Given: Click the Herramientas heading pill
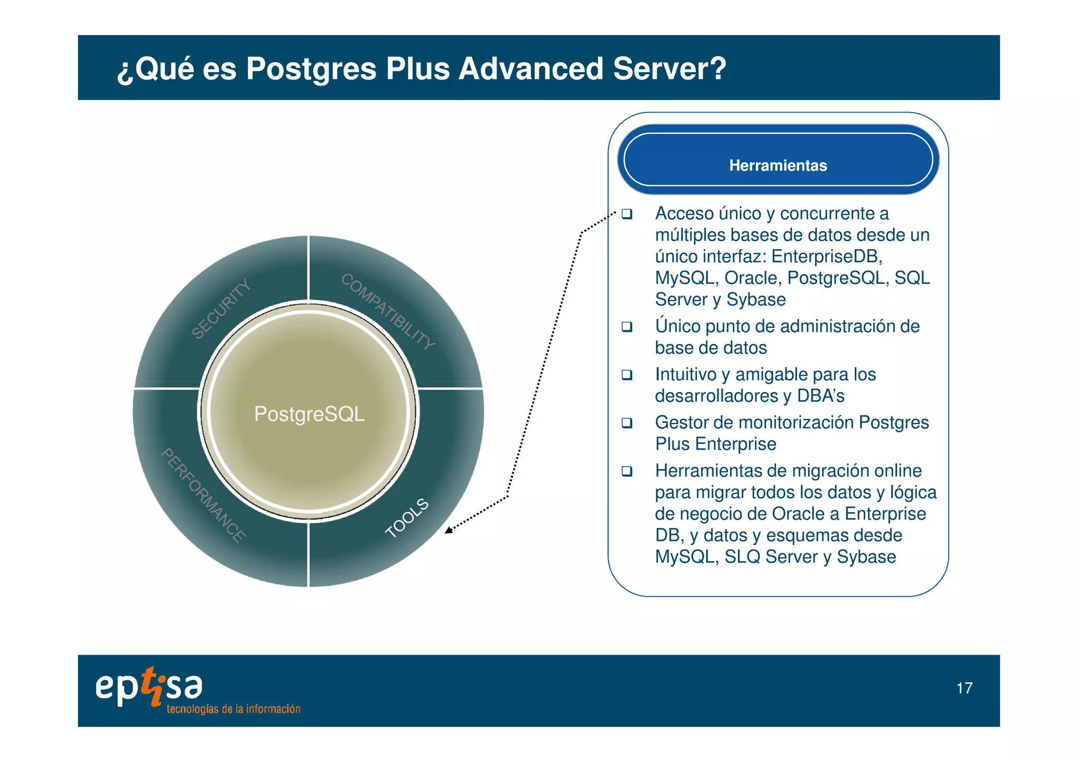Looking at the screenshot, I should pyautogui.click(x=777, y=160).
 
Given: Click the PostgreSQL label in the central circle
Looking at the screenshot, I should pyautogui.click(x=309, y=414).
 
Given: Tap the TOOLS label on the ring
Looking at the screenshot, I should pyautogui.click(x=407, y=518).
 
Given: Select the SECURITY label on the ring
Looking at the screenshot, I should pyautogui.click(x=221, y=309).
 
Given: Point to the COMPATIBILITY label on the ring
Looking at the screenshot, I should pyautogui.click(x=388, y=312).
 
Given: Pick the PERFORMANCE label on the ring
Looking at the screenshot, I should pyautogui.click(x=203, y=494).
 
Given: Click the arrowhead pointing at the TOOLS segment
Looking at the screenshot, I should pyautogui.click(x=448, y=530).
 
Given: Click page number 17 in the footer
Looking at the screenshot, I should pyautogui.click(x=964, y=688).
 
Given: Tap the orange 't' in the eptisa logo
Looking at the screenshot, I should pyautogui.click(x=152, y=685).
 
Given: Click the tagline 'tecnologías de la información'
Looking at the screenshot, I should pyautogui.click(x=233, y=709).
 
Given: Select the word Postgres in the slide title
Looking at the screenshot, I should pyautogui.click(x=311, y=68).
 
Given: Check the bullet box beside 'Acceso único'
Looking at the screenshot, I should pyautogui.click(x=626, y=214).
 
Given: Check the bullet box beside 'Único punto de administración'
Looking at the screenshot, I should pyautogui.click(x=626, y=326).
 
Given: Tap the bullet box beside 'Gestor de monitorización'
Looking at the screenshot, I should pyautogui.click(x=626, y=423).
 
